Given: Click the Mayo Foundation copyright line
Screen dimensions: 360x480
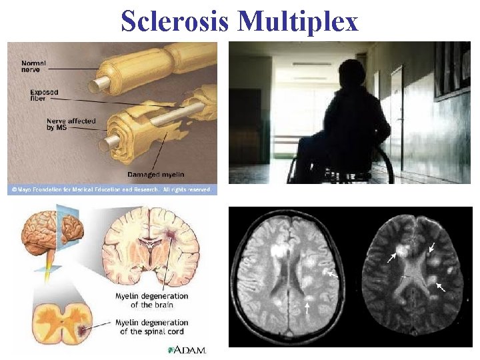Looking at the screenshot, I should click(x=112, y=190).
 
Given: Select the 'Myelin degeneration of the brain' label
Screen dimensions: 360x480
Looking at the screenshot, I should click(x=151, y=300).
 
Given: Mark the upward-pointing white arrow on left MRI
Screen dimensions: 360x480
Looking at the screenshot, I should click(x=307, y=307).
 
